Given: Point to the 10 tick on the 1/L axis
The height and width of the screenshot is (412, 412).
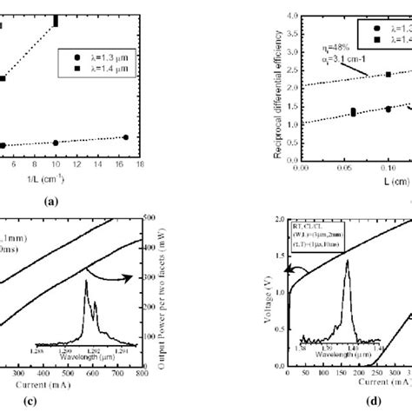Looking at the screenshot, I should click(56, 163).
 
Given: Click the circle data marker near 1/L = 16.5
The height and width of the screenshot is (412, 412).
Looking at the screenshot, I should click(125, 136).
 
